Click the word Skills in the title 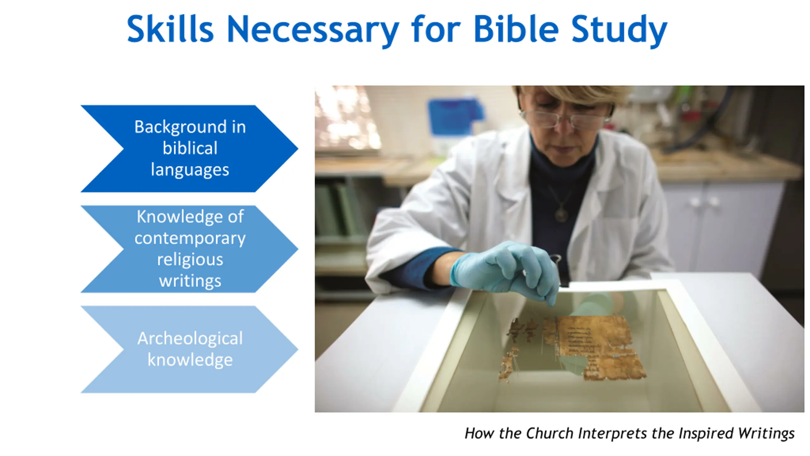point(170,29)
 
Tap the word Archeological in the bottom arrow point(190,339)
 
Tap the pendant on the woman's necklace point(561,214)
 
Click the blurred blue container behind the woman point(456,116)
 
